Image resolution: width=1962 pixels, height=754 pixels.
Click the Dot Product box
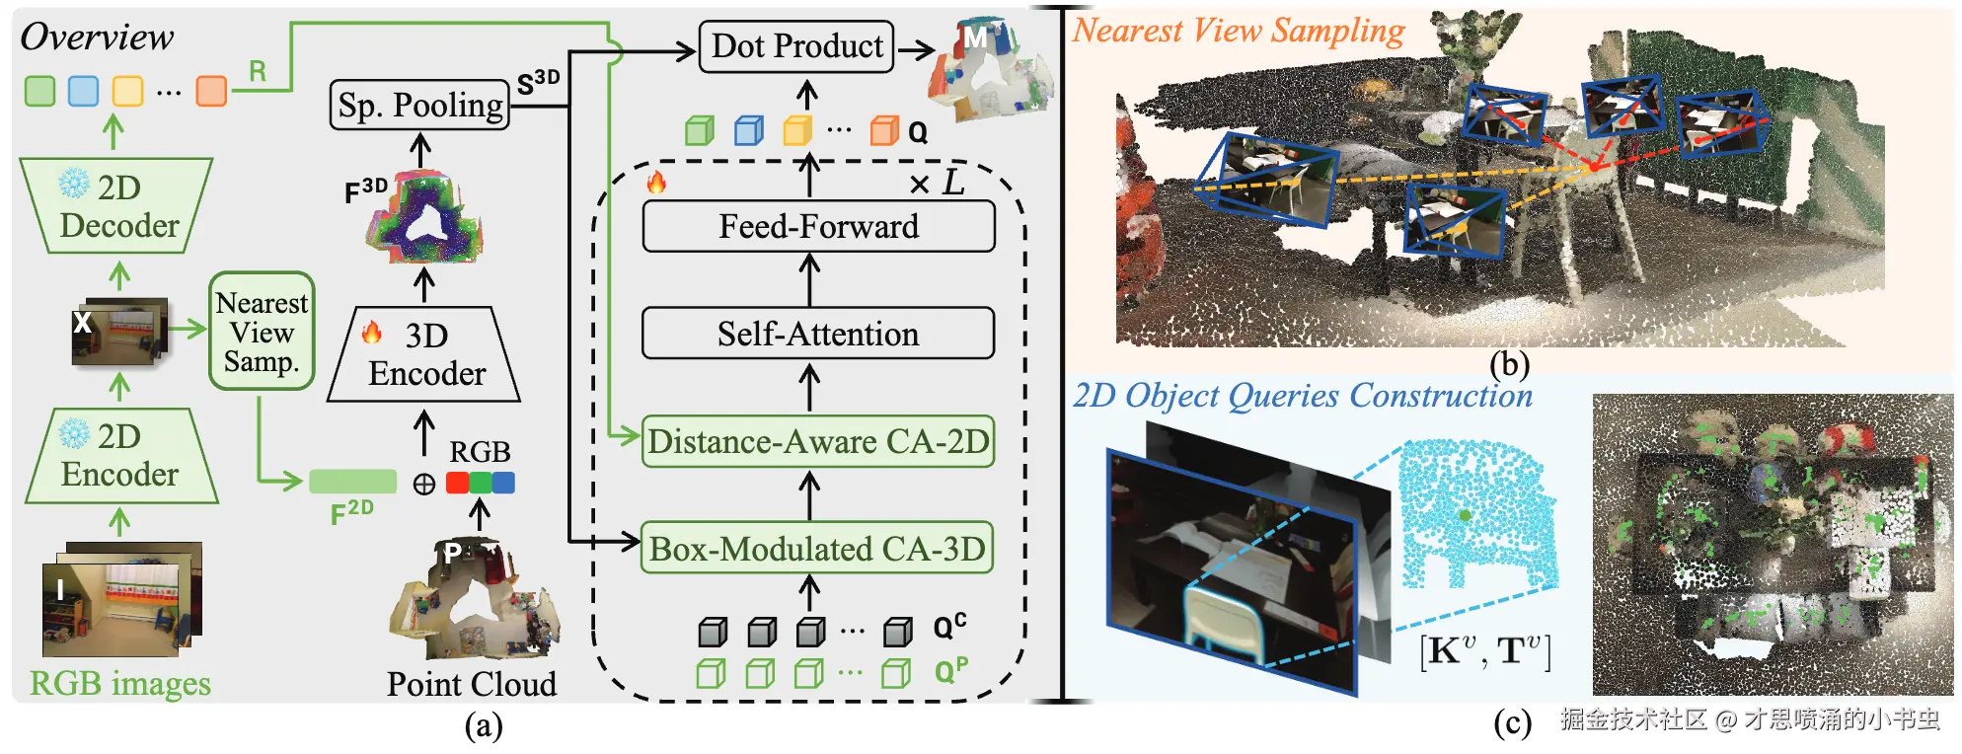pos(796,46)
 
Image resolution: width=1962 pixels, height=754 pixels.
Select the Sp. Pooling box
pos(419,105)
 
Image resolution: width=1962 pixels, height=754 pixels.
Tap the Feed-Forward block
pos(818,227)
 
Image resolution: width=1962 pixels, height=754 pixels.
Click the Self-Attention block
pos(818,334)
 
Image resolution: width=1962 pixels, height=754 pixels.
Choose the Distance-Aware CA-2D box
pos(818,441)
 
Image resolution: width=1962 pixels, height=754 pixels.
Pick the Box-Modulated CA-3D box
pos(817,548)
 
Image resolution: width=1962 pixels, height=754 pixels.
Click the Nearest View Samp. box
pos(262,332)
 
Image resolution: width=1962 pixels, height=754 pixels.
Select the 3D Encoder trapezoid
pos(424,355)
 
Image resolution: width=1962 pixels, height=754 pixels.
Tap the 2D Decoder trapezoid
pos(117,206)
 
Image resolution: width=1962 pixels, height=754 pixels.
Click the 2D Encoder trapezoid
pos(119,456)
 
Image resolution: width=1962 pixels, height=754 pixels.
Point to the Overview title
pos(97,37)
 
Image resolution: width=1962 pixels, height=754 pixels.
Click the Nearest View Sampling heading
pos(1239,31)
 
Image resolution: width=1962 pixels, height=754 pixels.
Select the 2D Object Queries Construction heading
pos(1303,396)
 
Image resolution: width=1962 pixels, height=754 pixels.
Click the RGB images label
pos(119,683)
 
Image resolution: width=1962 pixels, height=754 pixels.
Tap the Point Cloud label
pos(471,684)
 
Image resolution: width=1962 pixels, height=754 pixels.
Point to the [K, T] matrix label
pos(1485,651)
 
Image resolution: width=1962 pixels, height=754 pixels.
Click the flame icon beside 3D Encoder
pos(372,333)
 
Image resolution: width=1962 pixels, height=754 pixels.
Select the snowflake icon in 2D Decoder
pos(74,183)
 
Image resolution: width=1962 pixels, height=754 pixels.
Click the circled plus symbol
pos(424,484)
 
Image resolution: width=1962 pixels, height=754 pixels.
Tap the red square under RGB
pos(457,483)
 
